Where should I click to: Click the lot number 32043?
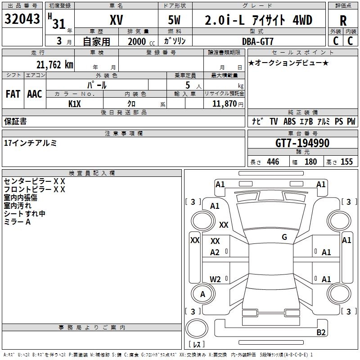point(22,19)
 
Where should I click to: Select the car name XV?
point(116,20)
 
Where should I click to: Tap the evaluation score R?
point(343,20)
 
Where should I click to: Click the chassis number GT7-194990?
point(302,143)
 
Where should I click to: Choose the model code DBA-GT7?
point(258,41)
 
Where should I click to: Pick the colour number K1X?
point(75,103)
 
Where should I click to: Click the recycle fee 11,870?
point(224,103)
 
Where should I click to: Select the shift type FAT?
point(13,94)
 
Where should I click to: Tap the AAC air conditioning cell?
point(34,94)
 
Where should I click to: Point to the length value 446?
point(273,162)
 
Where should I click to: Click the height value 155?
point(346,162)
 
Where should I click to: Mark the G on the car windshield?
point(284,237)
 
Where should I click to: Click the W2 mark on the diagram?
point(215,279)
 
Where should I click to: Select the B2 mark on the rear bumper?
point(321,332)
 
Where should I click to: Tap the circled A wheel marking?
point(202,294)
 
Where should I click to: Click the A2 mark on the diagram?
point(215,252)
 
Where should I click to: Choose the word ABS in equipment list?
point(290,121)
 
